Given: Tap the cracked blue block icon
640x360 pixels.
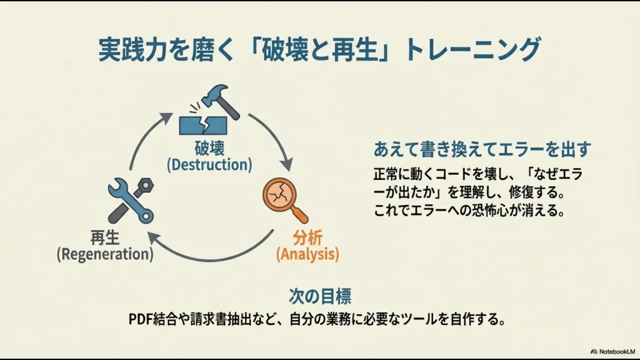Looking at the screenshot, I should point(201,124).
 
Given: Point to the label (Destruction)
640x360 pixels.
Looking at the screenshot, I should point(209,165).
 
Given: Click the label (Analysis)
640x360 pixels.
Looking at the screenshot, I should point(307,254).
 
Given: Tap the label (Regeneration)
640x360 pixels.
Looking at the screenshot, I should point(104,254).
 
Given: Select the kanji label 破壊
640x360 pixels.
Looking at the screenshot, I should point(209,149).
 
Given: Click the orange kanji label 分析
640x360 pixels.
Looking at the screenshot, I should point(308,238).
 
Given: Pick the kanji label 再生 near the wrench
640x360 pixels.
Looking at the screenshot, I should point(104,238).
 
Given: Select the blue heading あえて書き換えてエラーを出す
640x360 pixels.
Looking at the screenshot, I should point(482,149).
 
